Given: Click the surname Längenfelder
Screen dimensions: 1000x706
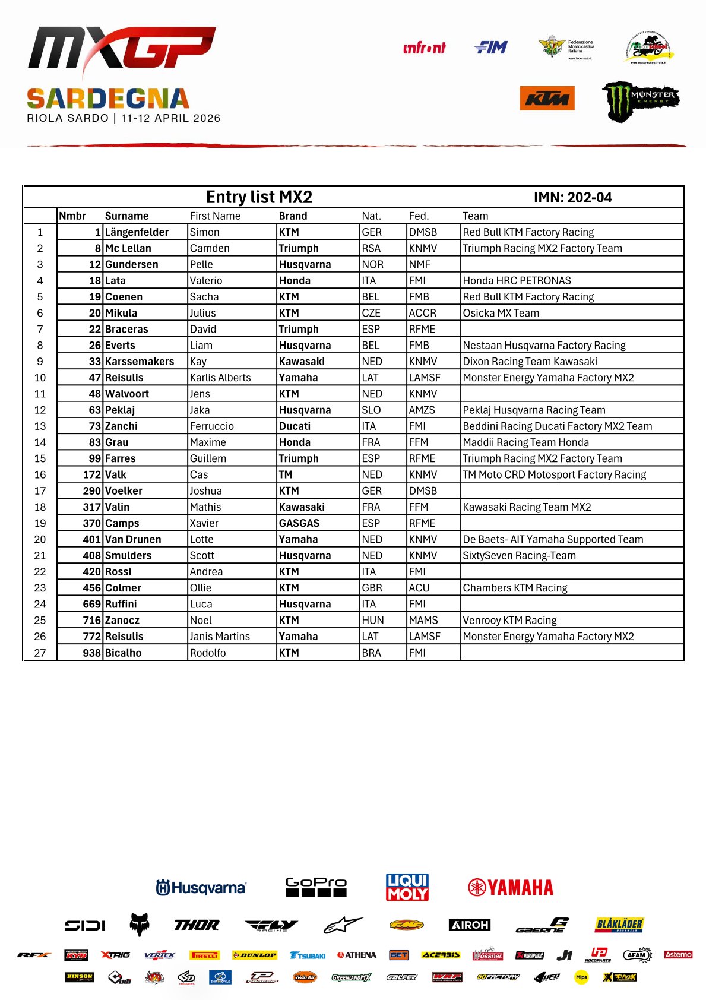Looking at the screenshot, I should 137,232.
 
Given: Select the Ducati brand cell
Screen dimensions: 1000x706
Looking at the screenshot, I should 295,426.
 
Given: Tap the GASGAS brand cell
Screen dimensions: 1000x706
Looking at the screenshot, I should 299,523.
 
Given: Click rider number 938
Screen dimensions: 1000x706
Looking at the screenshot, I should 91,653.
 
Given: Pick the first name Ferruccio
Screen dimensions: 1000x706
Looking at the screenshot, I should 211,426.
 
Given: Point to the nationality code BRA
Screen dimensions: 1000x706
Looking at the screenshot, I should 371,653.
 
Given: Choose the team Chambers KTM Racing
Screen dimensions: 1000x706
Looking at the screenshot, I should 515,588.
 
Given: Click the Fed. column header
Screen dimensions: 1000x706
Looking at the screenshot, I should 418,216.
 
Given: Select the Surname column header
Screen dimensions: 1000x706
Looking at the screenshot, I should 126,216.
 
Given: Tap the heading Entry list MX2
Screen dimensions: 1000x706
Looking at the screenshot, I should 259,197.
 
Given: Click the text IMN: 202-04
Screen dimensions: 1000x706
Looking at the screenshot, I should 572,198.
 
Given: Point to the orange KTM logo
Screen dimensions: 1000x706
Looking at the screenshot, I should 547,99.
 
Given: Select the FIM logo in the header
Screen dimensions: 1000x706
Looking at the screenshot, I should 491,48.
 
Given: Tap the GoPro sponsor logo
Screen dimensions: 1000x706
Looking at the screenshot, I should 316,887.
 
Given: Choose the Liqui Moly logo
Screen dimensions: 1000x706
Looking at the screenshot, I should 407,887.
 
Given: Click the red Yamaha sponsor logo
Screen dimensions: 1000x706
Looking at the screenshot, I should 511,888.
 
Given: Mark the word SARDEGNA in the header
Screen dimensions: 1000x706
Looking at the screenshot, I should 108,99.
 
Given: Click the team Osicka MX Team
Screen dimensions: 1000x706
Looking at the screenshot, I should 501,313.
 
